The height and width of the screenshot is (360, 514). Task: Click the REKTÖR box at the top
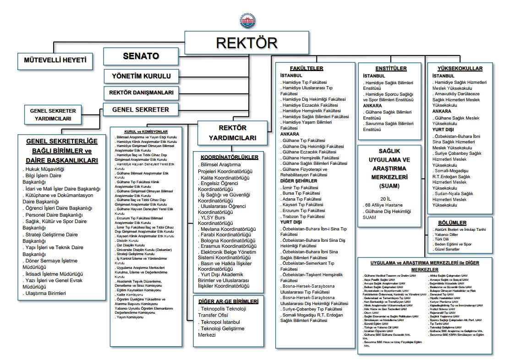pyautogui.click(x=246, y=43)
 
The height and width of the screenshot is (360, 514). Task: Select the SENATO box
pyautogui.click(x=141, y=56)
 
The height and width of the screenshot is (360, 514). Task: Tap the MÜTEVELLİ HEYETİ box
pyautogui.click(x=55, y=60)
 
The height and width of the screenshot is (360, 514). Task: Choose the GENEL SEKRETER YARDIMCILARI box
pyautogui.click(x=53, y=115)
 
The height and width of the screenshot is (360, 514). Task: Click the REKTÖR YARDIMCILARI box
pyautogui.click(x=232, y=133)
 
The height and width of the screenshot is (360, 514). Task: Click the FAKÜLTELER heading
pyautogui.click(x=306, y=68)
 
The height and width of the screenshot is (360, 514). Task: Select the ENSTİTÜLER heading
pyautogui.click(x=391, y=68)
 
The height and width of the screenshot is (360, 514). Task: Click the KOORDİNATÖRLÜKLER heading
pyautogui.click(x=229, y=157)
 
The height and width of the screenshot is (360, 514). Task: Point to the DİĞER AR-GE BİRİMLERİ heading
pyautogui.click(x=228, y=301)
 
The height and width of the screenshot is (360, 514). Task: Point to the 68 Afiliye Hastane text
pyautogui.click(x=388, y=205)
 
